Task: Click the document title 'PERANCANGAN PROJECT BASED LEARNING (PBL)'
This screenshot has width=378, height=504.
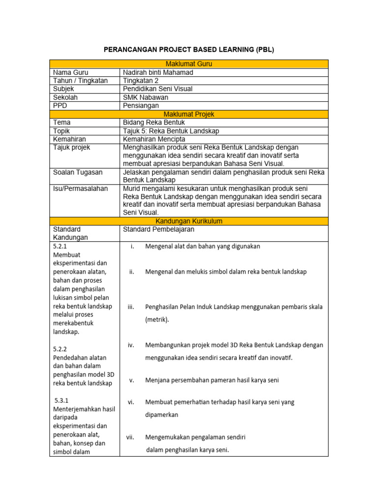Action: pyautogui.click(x=189, y=50)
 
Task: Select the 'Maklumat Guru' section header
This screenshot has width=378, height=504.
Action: pyautogui.click(x=189, y=64)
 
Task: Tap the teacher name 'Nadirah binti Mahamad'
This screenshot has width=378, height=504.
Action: pyautogui.click(x=158, y=72)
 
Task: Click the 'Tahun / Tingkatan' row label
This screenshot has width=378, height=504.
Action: pyautogui.click(x=80, y=81)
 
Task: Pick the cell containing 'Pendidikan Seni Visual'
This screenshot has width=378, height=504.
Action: pyautogui.click(x=157, y=89)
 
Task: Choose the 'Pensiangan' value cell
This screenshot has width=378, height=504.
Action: pyautogui.click(x=141, y=106)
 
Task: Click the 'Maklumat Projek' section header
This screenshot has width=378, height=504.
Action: pyautogui.click(x=189, y=114)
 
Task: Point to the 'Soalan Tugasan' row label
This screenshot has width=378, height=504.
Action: pyautogui.click(x=78, y=172)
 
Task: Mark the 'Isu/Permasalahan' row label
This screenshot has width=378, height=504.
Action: pyautogui.click(x=81, y=189)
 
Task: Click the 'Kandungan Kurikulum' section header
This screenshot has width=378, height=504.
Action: pyautogui.click(x=189, y=221)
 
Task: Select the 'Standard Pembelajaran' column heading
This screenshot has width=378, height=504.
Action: pyautogui.click(x=158, y=229)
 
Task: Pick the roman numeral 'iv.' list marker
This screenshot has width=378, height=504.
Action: pyautogui.click(x=131, y=345)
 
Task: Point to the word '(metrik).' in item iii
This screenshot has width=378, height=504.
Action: pyautogui.click(x=157, y=319)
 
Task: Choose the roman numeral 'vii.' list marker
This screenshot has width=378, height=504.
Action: pyautogui.click(x=131, y=437)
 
